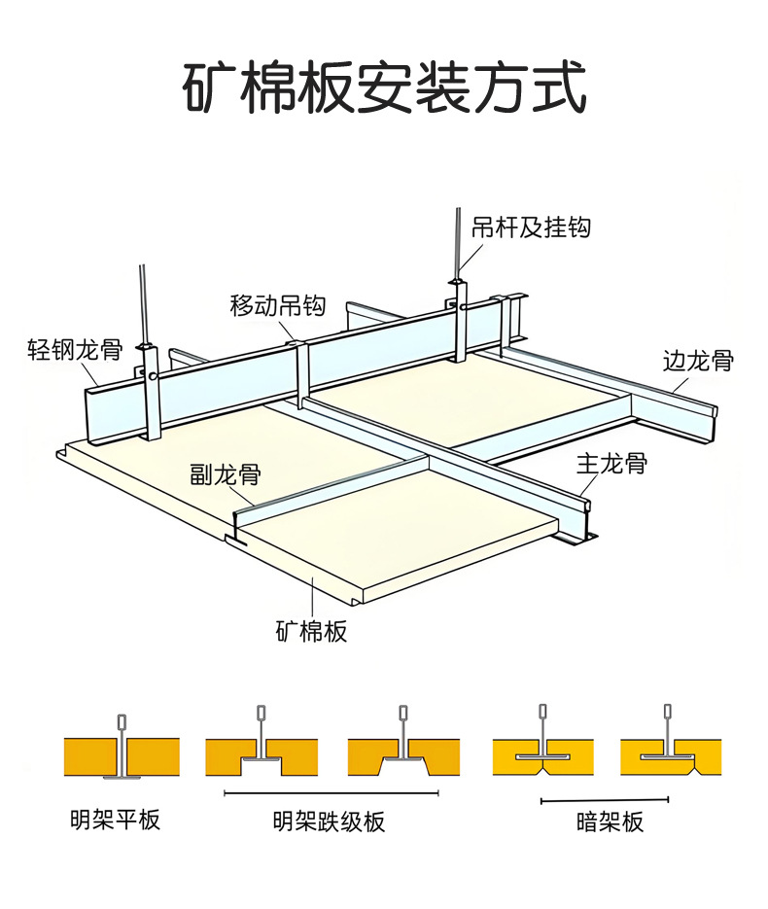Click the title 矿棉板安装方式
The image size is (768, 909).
385,88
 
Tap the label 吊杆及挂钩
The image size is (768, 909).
531,227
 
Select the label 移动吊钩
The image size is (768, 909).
277,305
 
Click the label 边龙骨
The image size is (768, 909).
698,361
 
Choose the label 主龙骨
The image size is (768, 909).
611,463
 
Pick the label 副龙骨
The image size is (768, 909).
225,474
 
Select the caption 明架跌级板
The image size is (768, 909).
329,822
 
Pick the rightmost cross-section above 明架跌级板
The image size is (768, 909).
403,749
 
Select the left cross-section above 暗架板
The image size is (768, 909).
541,749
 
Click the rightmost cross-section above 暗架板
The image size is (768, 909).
670,749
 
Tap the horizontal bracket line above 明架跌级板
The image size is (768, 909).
329,793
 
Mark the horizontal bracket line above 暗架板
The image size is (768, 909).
605,800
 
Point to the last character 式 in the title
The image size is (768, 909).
561,88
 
